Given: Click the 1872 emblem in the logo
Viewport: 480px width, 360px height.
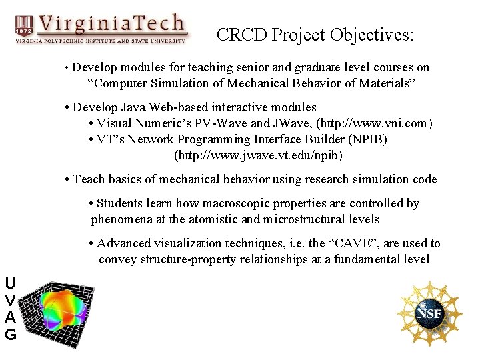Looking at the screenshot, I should pos(23,26).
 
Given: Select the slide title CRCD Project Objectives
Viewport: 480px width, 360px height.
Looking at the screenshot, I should pos(315,35).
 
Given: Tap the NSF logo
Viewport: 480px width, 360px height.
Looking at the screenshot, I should pos(429,313).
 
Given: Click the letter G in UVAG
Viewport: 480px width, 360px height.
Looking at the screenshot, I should pos(10,334).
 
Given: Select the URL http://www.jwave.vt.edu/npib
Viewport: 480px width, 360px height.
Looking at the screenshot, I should pos(259,155).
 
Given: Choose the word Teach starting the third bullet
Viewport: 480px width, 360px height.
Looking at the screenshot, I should pos(88,179).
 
